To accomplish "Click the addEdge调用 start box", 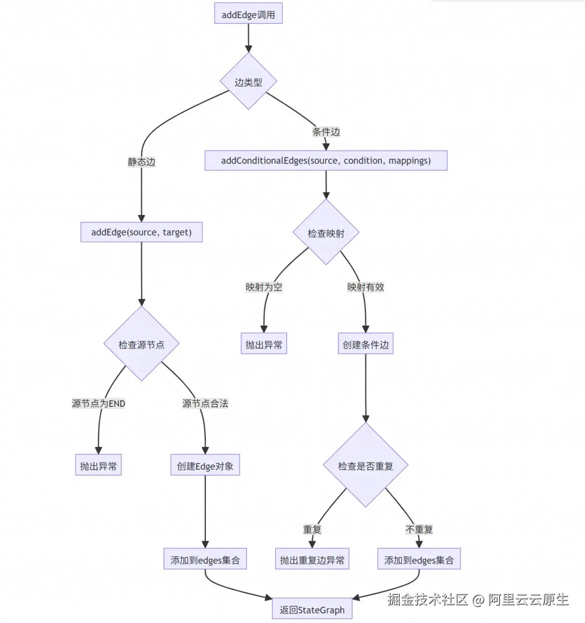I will click(x=248, y=15).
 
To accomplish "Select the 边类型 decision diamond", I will click(x=249, y=82).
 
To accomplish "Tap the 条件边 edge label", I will click(x=326, y=132).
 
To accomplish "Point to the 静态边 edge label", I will click(x=141, y=161).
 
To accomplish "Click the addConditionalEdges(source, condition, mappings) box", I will click(x=326, y=160).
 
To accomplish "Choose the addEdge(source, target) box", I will click(x=141, y=232).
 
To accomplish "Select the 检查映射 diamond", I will click(x=326, y=233).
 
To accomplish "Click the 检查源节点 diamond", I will click(x=141, y=345).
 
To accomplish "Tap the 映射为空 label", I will click(x=264, y=287).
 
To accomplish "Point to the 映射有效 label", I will click(x=366, y=287).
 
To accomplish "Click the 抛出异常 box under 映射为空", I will click(x=264, y=345).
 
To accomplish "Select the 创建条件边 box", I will click(x=366, y=345).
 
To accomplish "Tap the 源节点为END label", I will click(x=99, y=403).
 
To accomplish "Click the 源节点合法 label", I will click(x=205, y=403).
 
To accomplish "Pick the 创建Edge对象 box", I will click(x=205, y=466).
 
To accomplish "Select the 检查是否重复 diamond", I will click(x=366, y=466).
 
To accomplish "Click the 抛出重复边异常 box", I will click(x=312, y=560).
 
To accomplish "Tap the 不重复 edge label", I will click(x=419, y=529).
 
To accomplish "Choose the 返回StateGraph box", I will click(x=312, y=609).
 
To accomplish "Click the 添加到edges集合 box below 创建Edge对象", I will click(x=205, y=560).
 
